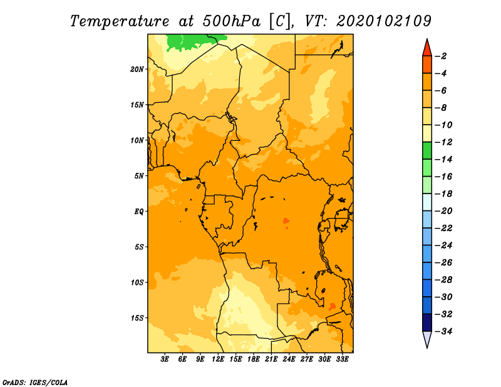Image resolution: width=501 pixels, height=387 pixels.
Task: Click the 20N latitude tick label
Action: click(x=137, y=70)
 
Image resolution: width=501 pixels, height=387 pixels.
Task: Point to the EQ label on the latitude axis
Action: click(x=138, y=212)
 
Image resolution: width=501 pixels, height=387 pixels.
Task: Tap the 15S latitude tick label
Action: click(x=137, y=318)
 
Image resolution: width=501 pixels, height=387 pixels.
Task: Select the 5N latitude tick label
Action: click(x=138, y=176)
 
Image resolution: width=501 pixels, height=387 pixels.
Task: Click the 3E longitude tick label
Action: click(x=164, y=359)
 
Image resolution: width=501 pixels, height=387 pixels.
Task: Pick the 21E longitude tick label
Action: click(x=271, y=359)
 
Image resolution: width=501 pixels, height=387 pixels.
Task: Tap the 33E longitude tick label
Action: click(x=342, y=359)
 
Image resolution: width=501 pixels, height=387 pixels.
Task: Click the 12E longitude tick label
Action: click(x=217, y=359)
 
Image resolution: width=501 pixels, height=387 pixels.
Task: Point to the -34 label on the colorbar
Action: click(x=443, y=331)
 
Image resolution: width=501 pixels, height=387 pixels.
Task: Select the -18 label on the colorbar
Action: click(x=443, y=194)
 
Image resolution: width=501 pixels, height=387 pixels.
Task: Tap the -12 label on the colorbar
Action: click(x=443, y=142)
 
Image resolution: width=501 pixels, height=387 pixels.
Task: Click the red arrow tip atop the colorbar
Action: click(x=427, y=39)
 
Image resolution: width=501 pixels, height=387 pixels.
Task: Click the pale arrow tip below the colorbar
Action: click(x=427, y=348)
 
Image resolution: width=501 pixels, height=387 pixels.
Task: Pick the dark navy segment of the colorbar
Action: click(x=427, y=322)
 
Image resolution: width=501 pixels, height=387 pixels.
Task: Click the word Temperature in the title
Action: click(x=119, y=21)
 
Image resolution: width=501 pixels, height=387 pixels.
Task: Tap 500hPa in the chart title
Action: click(x=231, y=21)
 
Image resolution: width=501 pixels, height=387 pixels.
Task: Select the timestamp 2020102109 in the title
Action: click(x=384, y=21)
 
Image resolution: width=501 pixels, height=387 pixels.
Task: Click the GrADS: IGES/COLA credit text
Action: click(x=35, y=382)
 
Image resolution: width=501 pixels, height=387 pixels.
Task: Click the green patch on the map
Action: click(x=192, y=42)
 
